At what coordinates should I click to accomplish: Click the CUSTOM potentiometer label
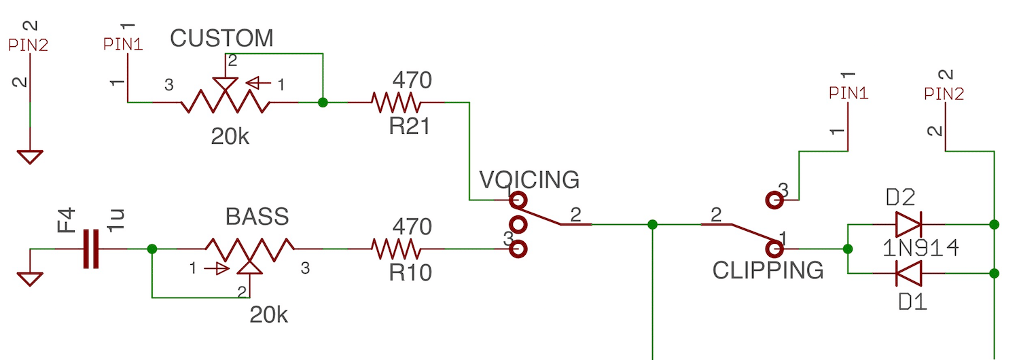point(221,38)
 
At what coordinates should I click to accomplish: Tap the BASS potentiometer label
point(257,217)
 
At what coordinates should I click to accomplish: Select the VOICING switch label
point(529,180)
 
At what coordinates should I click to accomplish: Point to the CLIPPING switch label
point(768,270)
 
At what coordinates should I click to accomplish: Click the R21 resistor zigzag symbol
point(396,103)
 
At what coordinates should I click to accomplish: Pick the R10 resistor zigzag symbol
point(396,249)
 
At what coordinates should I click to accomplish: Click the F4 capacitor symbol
point(91,249)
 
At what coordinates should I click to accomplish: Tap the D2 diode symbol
point(908,224)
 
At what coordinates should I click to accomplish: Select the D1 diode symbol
point(908,273)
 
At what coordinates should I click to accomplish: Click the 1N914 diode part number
point(920,249)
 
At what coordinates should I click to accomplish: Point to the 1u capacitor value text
point(115,220)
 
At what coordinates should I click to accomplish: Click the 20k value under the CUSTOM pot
point(230,137)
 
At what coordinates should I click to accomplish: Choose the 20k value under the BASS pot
point(269,315)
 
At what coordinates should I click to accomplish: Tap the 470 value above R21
point(412,80)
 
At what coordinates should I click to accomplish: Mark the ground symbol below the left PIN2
point(30,157)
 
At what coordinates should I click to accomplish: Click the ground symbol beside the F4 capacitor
point(30,279)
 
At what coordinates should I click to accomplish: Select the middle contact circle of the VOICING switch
point(518,224)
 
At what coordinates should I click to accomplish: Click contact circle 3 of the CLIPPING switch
point(774,200)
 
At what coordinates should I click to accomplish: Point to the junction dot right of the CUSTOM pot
point(323,103)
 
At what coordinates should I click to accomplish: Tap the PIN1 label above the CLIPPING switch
point(848,93)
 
